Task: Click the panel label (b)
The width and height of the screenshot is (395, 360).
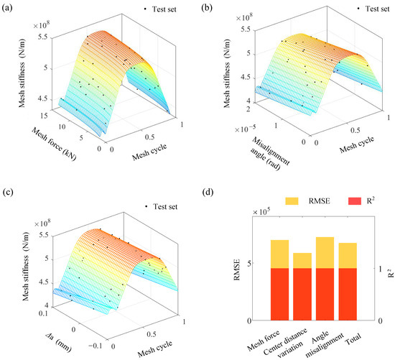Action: click(x=207, y=9)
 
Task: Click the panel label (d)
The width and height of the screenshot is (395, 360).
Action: click(x=207, y=190)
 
